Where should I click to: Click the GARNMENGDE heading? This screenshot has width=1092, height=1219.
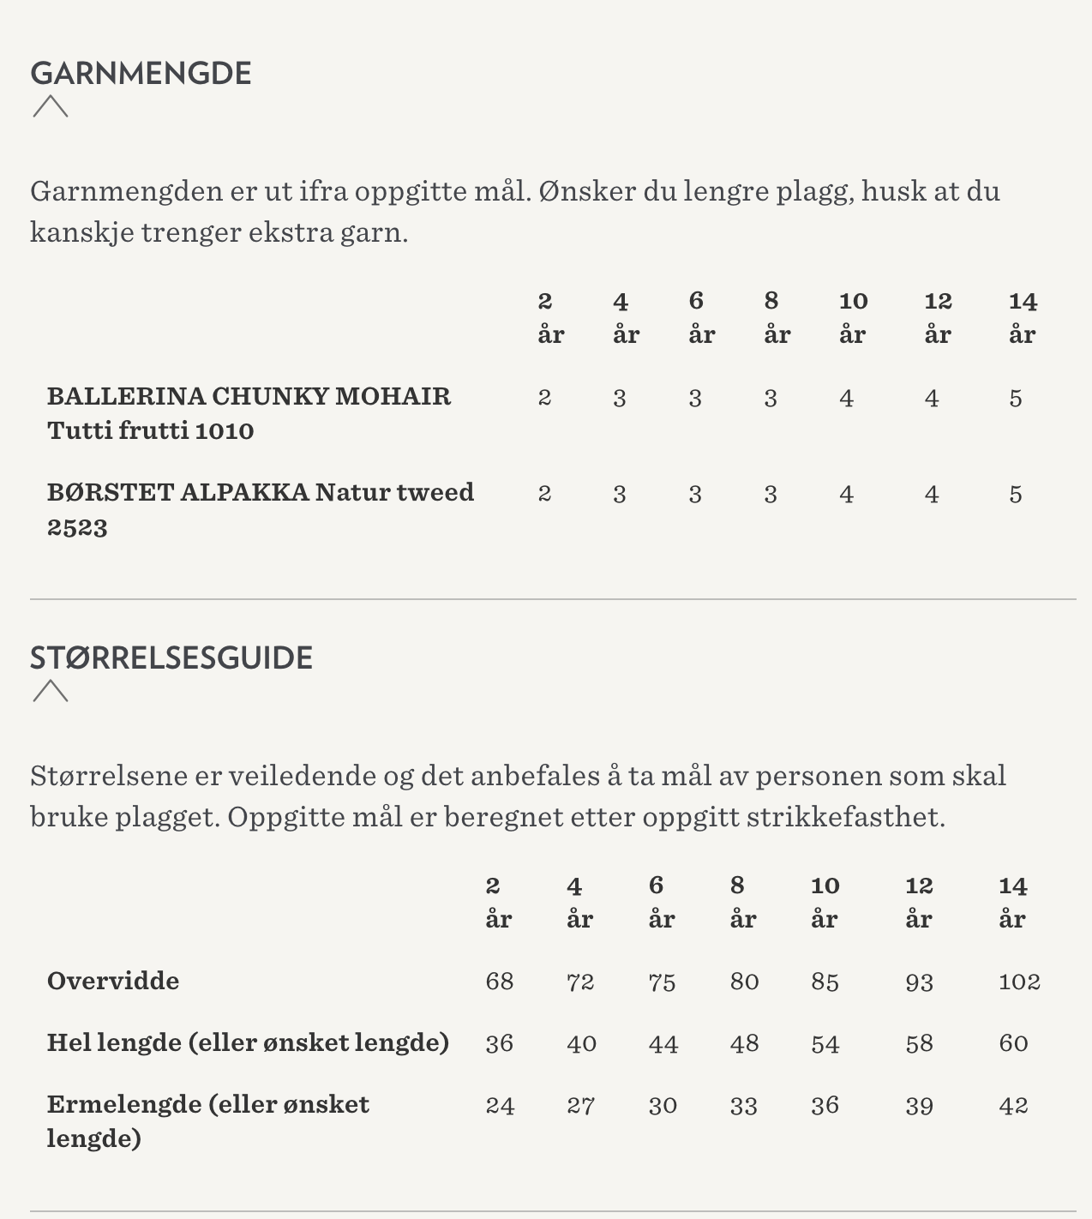[141, 74]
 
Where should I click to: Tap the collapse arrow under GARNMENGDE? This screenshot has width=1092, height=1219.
[51, 107]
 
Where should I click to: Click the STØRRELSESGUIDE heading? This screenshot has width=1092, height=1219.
[171, 658]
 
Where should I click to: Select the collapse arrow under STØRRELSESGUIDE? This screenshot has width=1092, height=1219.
[51, 691]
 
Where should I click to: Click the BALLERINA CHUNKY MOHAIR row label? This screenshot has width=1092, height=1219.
[249, 412]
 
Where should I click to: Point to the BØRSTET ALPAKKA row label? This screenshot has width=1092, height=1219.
[260, 509]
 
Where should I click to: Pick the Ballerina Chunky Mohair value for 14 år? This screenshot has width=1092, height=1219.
[1015, 399]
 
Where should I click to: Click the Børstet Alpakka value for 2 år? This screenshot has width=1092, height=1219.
[544, 495]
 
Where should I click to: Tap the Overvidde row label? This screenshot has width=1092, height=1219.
[113, 981]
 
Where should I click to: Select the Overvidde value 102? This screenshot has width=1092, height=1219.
[1018, 982]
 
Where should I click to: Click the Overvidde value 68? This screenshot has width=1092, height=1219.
[499, 982]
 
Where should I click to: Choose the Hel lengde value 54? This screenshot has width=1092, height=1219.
[825, 1044]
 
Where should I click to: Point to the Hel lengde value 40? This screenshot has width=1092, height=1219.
[581, 1044]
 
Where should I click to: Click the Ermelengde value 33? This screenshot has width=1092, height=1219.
[743, 1106]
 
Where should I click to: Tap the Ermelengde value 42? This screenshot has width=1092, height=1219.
[1012, 1106]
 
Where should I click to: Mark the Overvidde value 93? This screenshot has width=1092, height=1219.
[919, 982]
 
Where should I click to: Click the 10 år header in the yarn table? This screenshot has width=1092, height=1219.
[853, 317]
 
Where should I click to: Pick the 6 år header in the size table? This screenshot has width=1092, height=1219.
[661, 902]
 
